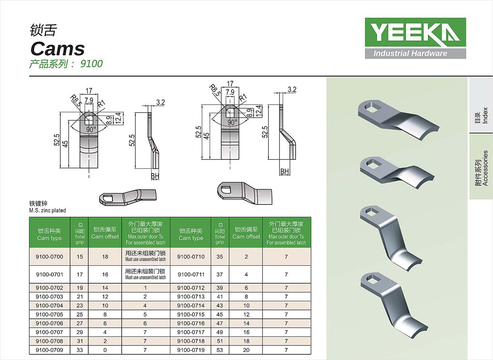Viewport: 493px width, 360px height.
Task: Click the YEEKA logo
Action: (x=415, y=32)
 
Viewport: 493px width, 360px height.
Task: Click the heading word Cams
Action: (x=58, y=49)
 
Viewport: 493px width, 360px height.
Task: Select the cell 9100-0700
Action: (x=49, y=257)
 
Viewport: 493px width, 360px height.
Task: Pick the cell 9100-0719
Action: (x=191, y=350)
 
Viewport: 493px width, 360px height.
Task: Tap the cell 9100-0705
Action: (x=49, y=314)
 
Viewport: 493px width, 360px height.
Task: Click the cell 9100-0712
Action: (x=191, y=288)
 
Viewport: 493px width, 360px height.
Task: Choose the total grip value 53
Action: (x=219, y=350)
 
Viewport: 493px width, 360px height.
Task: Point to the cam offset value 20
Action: (x=246, y=350)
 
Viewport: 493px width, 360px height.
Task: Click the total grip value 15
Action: (x=80, y=257)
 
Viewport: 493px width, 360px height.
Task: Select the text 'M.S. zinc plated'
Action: (x=48, y=210)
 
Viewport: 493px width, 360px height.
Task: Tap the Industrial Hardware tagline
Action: (x=410, y=54)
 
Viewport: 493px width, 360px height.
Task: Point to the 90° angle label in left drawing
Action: (x=91, y=129)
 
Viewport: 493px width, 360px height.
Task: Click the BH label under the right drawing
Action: (x=285, y=171)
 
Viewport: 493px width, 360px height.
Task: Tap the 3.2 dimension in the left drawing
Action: (x=161, y=102)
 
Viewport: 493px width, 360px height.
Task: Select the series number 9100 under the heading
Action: (x=91, y=64)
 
